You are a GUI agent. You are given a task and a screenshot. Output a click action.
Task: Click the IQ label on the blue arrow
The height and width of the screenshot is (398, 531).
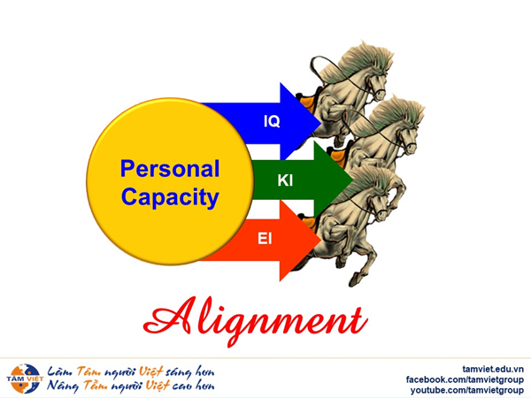[272, 121]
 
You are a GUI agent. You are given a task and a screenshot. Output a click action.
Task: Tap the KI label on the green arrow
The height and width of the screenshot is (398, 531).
[285, 180]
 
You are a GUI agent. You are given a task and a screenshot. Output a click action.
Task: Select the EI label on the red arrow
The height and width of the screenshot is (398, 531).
[265, 239]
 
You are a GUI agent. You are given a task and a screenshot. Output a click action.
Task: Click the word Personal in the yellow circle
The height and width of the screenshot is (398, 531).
[170, 169]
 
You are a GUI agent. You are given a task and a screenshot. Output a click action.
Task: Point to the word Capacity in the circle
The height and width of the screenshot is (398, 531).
[170, 197]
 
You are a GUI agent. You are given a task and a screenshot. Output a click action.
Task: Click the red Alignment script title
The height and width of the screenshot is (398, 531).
[256, 321]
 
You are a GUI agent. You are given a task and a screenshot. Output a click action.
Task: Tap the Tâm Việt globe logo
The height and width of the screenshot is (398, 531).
[25, 379]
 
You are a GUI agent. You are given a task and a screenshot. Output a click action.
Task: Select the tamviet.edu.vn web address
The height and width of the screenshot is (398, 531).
[493, 369]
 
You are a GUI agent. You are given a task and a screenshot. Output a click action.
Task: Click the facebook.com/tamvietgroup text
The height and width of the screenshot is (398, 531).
[465, 379]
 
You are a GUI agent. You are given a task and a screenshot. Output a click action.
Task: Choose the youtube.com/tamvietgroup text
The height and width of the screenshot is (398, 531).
[467, 390]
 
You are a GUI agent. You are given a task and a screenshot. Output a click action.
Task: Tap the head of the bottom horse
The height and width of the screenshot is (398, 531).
[380, 204]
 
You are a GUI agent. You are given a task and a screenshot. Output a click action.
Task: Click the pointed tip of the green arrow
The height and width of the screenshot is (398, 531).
[352, 180]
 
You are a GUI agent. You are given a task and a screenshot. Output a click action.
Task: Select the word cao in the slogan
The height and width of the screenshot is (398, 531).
[183, 386]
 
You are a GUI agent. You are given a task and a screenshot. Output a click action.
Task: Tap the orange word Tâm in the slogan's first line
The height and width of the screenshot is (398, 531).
[88, 371]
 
